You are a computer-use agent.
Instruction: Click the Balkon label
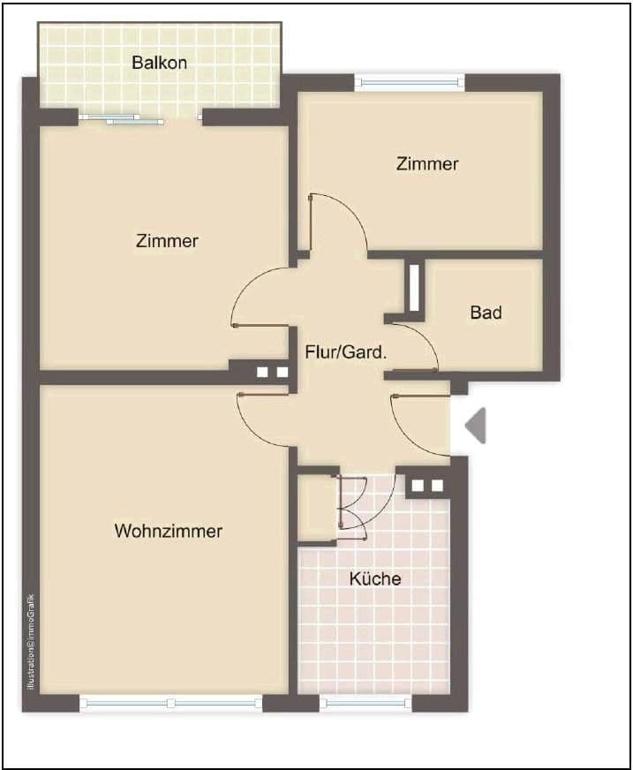pyautogui.click(x=159, y=63)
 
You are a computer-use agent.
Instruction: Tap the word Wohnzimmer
pyautogui.click(x=168, y=532)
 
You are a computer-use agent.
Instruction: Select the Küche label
pyautogui.click(x=375, y=579)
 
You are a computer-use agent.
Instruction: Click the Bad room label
pyautogui.click(x=486, y=313)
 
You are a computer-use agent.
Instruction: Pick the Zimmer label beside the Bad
pyautogui.click(x=427, y=164)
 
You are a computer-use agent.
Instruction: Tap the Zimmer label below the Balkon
pyautogui.click(x=167, y=240)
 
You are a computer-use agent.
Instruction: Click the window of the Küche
pyautogui.click(x=365, y=704)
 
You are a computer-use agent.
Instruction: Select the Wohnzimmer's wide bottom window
pyautogui.click(x=170, y=704)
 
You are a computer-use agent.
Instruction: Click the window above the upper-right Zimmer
pyautogui.click(x=410, y=82)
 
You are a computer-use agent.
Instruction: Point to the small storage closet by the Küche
pyautogui.click(x=316, y=508)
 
